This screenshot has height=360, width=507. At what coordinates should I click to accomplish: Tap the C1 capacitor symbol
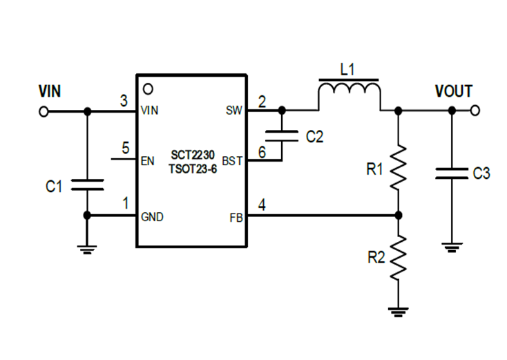click(x=86, y=184)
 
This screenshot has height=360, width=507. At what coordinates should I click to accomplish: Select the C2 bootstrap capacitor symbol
click(x=282, y=135)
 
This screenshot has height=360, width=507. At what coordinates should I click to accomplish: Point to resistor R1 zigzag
click(x=398, y=168)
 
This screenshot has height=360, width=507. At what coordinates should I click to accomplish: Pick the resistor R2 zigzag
click(x=398, y=258)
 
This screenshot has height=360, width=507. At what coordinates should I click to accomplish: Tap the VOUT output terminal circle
click(x=475, y=111)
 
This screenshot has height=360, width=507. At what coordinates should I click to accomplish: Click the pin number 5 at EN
click(x=125, y=148)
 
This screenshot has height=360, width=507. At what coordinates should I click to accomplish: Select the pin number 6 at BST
click(x=262, y=150)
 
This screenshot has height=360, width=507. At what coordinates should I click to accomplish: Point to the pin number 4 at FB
click(x=262, y=204)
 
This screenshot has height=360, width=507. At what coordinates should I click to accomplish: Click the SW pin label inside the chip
click(x=234, y=111)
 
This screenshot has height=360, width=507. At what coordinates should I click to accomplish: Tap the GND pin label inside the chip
click(x=152, y=216)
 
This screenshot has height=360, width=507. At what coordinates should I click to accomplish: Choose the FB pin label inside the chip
click(x=236, y=216)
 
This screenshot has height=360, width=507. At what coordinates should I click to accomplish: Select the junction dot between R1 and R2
click(x=398, y=216)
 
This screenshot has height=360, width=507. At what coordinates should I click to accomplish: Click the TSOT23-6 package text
click(x=191, y=168)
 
